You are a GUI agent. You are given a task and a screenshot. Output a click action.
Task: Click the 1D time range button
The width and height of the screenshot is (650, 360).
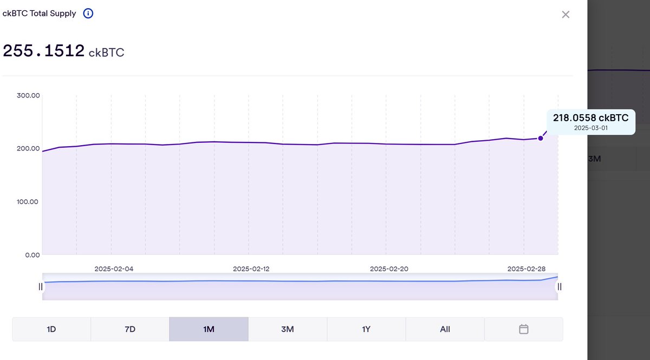pyautogui.click(x=51, y=329)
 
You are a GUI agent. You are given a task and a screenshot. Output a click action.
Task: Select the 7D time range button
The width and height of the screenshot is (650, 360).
pyautogui.click(x=130, y=329)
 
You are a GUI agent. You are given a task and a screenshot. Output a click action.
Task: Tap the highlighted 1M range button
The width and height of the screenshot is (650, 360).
pyautogui.click(x=209, y=329)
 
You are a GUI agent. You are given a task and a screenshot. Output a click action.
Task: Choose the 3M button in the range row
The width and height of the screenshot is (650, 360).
pyautogui.click(x=288, y=329)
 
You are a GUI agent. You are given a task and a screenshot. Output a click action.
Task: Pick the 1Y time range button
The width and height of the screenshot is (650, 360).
pyautogui.click(x=366, y=329)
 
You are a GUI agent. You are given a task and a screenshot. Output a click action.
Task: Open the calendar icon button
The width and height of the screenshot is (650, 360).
pyautogui.click(x=523, y=329)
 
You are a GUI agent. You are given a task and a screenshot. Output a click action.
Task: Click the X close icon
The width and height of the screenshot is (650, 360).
pyautogui.click(x=565, y=15)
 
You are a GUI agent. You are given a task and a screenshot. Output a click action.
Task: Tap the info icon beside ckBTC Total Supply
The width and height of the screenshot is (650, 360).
pyautogui.click(x=88, y=14)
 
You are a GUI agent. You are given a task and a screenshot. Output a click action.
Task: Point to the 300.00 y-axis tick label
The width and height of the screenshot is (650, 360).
pyautogui.click(x=29, y=96)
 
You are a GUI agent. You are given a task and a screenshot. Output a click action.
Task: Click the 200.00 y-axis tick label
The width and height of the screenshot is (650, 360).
pyautogui.click(x=29, y=149)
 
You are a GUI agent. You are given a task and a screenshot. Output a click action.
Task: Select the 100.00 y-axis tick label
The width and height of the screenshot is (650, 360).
pyautogui.click(x=29, y=202)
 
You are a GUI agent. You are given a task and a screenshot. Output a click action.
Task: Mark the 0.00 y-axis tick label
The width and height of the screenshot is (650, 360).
pyautogui.click(x=32, y=255)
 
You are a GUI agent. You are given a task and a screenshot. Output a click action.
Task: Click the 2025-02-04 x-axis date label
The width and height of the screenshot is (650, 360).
pyautogui.click(x=114, y=269)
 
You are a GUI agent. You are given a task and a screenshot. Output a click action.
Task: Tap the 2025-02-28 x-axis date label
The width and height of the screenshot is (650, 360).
pyautogui.click(x=525, y=269)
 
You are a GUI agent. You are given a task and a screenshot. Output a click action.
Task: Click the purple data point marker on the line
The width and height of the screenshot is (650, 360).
pyautogui.click(x=541, y=139)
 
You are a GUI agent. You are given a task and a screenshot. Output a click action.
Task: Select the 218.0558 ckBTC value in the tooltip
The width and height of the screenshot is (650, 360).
pyautogui.click(x=590, y=118)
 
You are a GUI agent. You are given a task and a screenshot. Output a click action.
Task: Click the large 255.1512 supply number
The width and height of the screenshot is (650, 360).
pyautogui.click(x=44, y=51)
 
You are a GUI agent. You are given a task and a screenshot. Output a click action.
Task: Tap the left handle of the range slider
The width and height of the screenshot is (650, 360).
pyautogui.click(x=41, y=286)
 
